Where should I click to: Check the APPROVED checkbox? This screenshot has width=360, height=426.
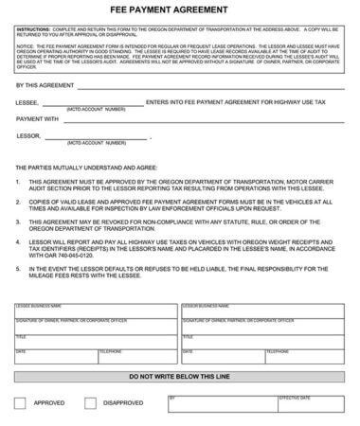[20, 402]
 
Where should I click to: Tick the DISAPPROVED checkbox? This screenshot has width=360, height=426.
[91, 402]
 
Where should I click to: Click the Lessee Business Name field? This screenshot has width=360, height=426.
[94, 311]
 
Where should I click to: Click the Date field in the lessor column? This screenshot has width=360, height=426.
[208, 356]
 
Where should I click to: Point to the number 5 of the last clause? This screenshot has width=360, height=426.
[19, 268]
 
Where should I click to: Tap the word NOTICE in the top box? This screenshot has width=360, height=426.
[24, 44]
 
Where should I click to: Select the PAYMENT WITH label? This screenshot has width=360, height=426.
[37, 120]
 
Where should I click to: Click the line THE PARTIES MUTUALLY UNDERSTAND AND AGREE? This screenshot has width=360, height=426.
[86, 167]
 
